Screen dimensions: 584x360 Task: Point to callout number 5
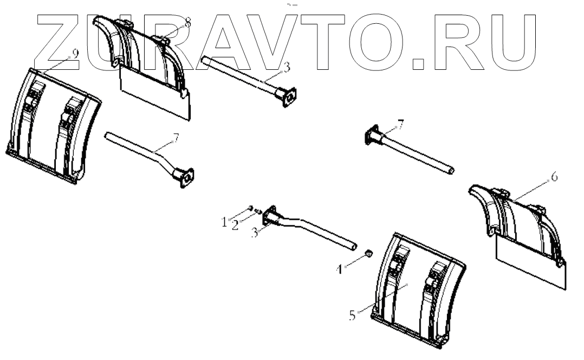[353, 315]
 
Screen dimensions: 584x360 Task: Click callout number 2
[236, 225]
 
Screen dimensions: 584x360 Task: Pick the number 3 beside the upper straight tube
[287, 67]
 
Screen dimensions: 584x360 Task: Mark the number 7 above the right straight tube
[400, 127]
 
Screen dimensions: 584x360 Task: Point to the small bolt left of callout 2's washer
[251, 207]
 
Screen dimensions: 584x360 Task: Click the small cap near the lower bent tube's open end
[368, 253]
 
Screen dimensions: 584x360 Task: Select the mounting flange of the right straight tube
[372, 135]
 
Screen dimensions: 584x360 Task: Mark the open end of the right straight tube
[452, 172]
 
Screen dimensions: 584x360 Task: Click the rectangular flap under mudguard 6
[531, 263]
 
